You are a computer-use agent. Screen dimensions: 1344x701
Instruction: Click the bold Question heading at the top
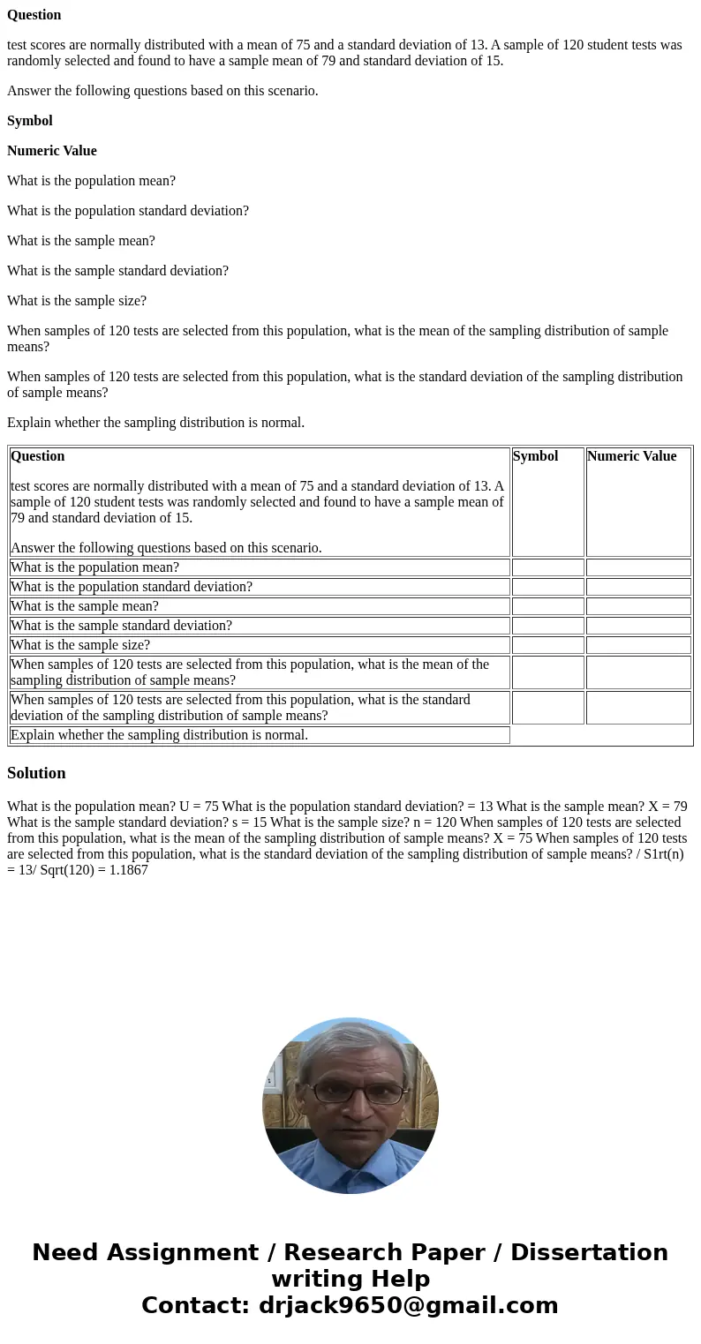point(34,15)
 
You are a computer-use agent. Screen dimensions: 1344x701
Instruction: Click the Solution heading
point(36,773)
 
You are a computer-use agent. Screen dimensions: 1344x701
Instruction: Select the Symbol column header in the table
point(535,456)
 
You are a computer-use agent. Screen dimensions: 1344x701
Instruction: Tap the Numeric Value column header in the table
point(631,456)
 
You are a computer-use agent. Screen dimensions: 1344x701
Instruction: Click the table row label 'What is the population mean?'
point(94,567)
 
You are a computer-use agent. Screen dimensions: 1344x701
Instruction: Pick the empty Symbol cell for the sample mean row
point(547,606)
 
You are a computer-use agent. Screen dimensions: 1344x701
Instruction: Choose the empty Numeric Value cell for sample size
point(638,645)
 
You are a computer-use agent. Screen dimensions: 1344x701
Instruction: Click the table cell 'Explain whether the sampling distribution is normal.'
point(159,735)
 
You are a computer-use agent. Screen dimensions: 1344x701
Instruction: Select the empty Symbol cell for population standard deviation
point(547,587)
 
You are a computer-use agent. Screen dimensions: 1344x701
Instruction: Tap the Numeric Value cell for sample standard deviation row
point(638,626)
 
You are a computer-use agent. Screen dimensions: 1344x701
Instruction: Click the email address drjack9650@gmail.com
point(408,1306)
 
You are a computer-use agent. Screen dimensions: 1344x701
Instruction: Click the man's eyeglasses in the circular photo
point(350,1093)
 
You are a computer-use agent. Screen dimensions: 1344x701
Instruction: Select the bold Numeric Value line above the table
point(52,151)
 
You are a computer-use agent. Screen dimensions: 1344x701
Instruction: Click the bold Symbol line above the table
point(30,121)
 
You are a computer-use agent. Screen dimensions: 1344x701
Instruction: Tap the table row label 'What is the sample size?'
point(80,645)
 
